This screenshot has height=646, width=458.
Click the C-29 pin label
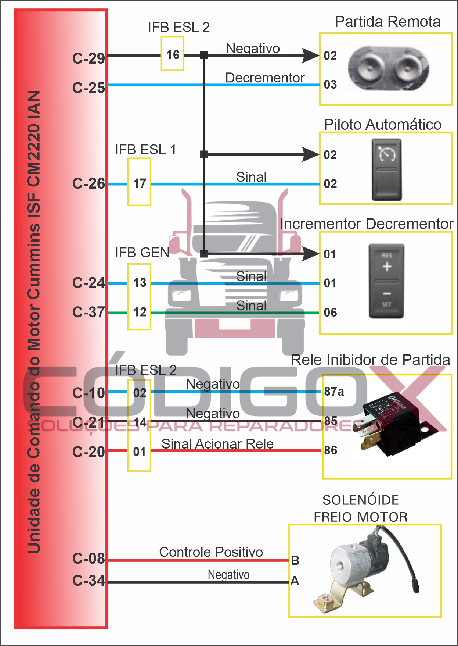tap(89, 58)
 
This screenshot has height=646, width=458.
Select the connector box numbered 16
tap(173, 55)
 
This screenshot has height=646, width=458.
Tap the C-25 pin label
tap(89, 88)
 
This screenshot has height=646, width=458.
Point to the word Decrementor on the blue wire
tap(265, 78)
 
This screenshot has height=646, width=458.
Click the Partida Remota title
tap(387, 22)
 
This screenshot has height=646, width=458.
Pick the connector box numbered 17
tap(140, 183)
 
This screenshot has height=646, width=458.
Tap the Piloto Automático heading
tap(382, 125)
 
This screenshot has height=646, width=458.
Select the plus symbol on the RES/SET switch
tap(387, 267)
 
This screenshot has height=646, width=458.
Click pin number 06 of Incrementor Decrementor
tap(330, 313)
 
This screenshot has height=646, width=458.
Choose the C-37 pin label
tap(89, 313)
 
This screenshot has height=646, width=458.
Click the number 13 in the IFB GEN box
tap(140, 283)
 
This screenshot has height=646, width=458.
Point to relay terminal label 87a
tap(334, 392)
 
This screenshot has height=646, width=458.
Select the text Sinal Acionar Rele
tap(217, 444)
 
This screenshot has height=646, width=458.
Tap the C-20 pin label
tap(89, 452)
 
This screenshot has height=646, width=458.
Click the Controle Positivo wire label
tap(211, 552)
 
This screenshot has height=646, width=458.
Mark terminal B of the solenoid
tap(295, 561)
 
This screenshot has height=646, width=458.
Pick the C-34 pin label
tap(89, 581)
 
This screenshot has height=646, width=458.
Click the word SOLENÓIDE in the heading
tap(361, 500)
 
